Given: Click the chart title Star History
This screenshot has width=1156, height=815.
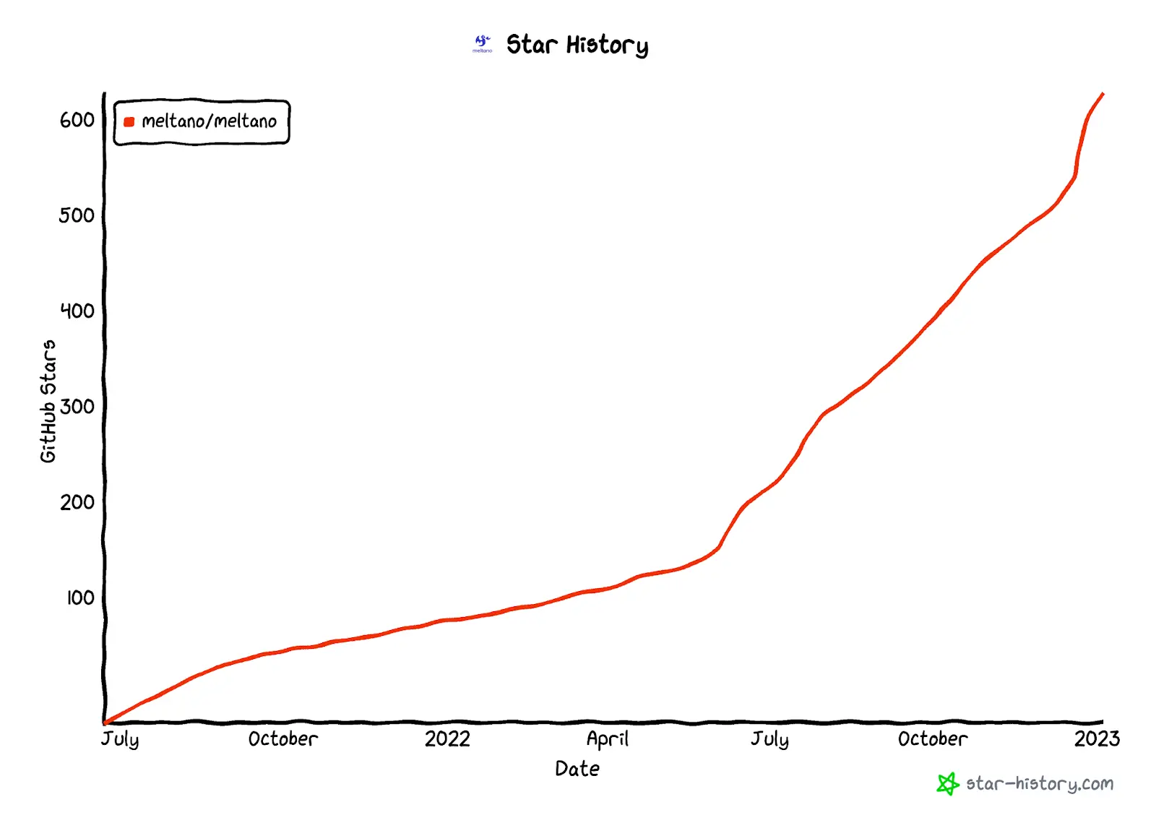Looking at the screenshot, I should [x=577, y=45].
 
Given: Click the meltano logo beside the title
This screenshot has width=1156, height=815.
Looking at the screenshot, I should [x=482, y=43].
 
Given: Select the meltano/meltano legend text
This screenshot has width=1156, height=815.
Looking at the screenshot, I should [x=209, y=121].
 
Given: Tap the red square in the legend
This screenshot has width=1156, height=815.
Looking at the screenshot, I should [x=129, y=122].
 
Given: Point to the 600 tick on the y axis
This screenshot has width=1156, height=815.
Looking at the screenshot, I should [x=77, y=120].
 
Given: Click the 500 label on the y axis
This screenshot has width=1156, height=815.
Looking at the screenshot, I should [x=77, y=215].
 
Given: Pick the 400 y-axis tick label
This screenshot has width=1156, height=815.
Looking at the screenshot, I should [x=77, y=311].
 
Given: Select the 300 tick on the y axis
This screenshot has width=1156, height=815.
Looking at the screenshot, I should [x=77, y=407].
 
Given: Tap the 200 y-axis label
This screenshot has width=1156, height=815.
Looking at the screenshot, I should [x=77, y=502].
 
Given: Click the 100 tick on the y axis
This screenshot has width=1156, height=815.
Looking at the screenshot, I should [x=80, y=598].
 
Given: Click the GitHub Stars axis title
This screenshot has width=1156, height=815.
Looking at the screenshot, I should [x=48, y=401].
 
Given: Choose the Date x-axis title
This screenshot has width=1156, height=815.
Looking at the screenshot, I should [x=577, y=769].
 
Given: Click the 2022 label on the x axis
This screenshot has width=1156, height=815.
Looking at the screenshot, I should [x=447, y=739].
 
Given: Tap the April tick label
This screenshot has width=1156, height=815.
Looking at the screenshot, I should [x=607, y=739].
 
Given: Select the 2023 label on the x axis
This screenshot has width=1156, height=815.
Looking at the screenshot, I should [x=1097, y=739].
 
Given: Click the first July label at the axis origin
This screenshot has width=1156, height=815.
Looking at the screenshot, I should [x=120, y=739].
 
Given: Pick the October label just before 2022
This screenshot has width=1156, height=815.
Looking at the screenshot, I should [x=282, y=739].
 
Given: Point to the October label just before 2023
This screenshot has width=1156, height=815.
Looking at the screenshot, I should [x=932, y=739].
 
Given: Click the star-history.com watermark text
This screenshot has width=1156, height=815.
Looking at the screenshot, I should [x=1039, y=784].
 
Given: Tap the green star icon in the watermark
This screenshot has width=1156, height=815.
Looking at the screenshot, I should [x=947, y=784].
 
